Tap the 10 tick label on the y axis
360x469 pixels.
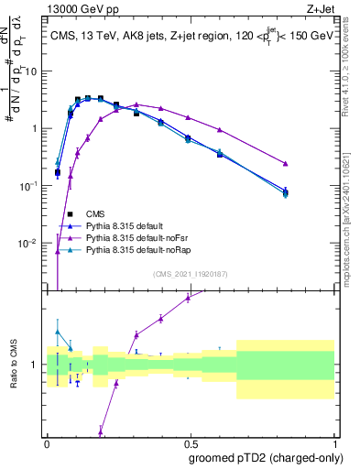point(33,71)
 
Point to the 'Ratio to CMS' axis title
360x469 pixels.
point(13,365)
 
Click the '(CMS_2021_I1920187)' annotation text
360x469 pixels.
point(191,273)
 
